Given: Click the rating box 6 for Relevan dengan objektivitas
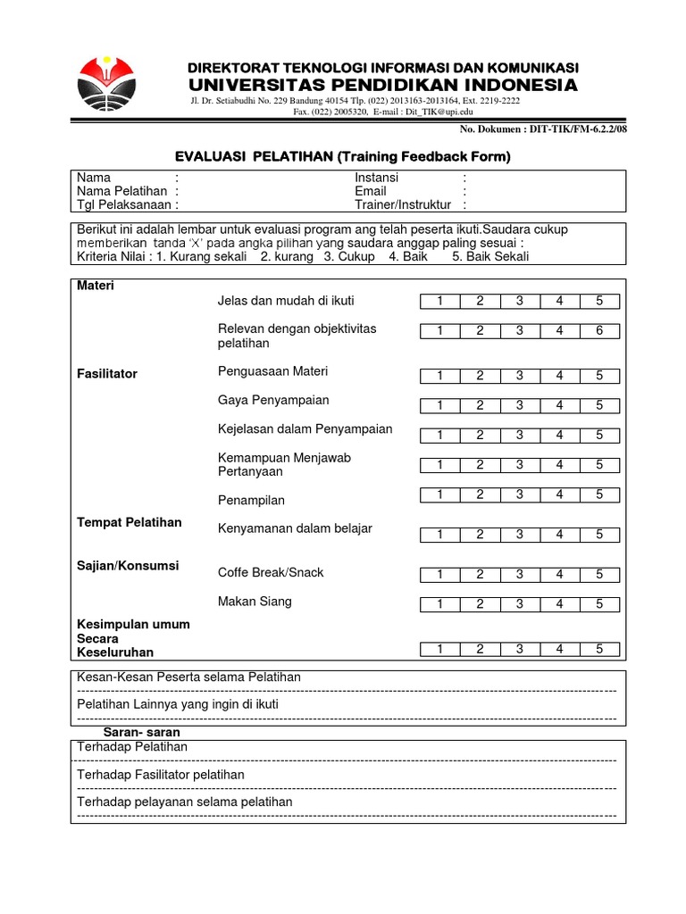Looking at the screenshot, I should (599, 331).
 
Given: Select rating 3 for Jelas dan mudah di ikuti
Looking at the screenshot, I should (519, 302).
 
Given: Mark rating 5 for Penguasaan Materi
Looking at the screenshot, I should (599, 376).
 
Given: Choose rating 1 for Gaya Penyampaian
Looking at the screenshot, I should (439, 405).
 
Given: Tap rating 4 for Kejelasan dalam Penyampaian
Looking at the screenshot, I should (559, 435).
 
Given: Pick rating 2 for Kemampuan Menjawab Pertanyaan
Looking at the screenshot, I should (480, 464).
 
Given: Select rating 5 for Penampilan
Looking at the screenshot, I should (599, 494).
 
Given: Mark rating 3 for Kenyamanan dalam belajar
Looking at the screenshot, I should (519, 534).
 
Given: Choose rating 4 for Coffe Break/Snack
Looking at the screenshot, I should (559, 575).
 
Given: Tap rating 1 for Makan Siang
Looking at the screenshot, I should (439, 604).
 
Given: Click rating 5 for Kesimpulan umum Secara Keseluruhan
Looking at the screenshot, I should (599, 649).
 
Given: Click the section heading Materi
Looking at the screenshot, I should (96, 287).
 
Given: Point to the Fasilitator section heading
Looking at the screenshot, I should (107, 374).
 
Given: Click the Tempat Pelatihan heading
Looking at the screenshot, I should (130, 522).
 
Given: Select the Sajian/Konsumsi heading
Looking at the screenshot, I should (128, 566).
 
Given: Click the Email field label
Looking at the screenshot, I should (371, 191).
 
